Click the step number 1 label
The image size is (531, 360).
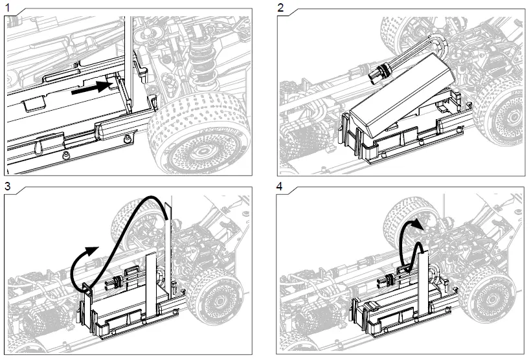coord(8,8)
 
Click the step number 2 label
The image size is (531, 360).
coord(280,8)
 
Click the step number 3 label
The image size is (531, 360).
coord(8,186)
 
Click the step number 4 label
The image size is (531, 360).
coord(280,186)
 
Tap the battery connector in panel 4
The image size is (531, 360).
coord(389,281)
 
